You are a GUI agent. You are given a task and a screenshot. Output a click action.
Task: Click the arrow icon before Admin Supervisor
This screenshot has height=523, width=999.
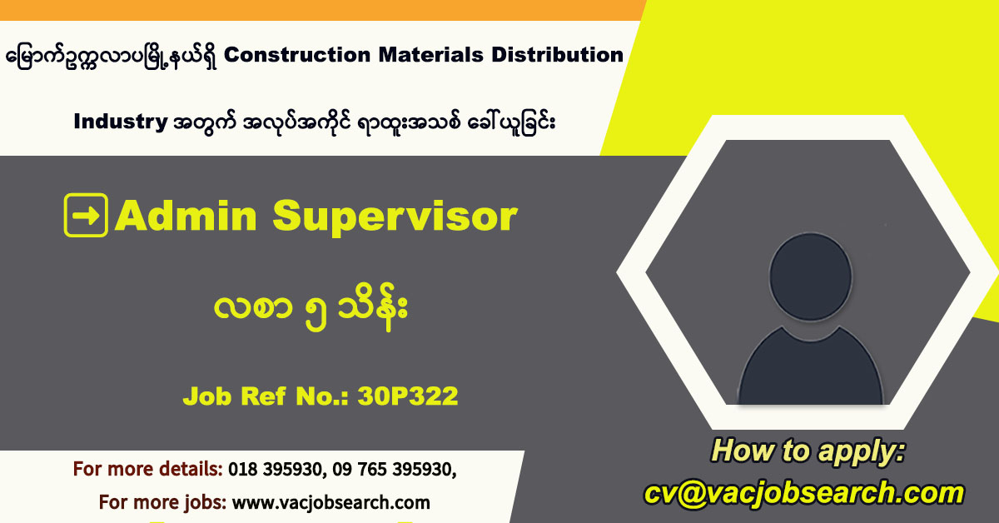pyautogui.click(x=86, y=216)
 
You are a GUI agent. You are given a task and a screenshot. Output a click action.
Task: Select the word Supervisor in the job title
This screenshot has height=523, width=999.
pyautogui.click(x=395, y=217)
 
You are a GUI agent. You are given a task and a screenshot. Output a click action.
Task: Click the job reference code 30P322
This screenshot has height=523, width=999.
pyautogui.click(x=408, y=396)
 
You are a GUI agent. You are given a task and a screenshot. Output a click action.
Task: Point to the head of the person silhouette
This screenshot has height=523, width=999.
pyautogui.click(x=813, y=274)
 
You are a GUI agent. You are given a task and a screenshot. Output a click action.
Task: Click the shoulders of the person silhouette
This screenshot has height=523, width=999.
pyautogui.click(x=811, y=366)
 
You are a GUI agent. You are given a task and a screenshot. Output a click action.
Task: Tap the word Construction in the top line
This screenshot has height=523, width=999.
pyautogui.click(x=296, y=55)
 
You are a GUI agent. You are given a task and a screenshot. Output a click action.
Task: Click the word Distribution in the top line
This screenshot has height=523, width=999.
pyautogui.click(x=557, y=55)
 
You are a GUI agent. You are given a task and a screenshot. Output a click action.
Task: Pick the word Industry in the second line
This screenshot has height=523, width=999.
pyautogui.click(x=121, y=122)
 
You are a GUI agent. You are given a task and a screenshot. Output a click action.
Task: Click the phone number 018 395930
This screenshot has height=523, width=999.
pyautogui.click(x=276, y=469)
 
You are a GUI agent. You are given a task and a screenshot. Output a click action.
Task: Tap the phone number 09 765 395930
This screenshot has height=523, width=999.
pyautogui.click(x=394, y=469)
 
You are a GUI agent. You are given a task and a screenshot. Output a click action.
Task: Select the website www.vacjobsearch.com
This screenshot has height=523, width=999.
pyautogui.click(x=331, y=502)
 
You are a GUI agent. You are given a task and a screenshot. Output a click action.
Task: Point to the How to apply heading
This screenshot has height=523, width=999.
pyautogui.click(x=807, y=452)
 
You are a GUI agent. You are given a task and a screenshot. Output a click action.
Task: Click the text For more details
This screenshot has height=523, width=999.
pyautogui.click(x=147, y=469)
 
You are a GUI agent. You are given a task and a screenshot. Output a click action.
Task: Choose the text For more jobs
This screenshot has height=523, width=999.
pyautogui.click(x=162, y=502)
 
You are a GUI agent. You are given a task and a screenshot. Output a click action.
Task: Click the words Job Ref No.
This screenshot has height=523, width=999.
pyautogui.click(x=266, y=396)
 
